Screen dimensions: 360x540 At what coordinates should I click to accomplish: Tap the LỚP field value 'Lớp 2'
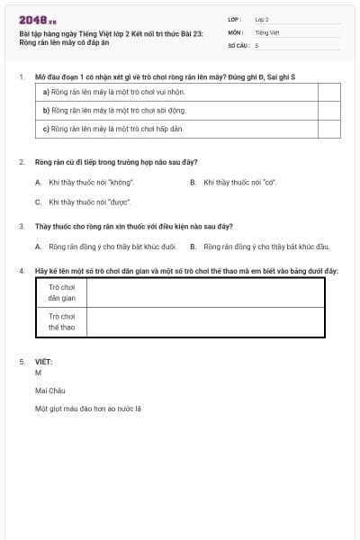[x=262, y=19]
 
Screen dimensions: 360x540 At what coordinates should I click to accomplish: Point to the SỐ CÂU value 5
[x=257, y=44]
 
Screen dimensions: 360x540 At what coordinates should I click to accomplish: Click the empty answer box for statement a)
[x=328, y=91]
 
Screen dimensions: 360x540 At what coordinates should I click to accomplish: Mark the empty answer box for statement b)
[x=328, y=110]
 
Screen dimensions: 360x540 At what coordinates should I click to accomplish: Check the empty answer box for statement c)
[x=328, y=129]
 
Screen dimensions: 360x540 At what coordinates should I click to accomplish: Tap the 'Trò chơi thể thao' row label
[x=61, y=322]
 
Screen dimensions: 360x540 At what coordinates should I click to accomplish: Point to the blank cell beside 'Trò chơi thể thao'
[x=205, y=322]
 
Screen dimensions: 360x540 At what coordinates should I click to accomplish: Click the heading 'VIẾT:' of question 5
[x=43, y=362]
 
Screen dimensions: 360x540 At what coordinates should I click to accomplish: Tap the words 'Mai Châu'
[x=50, y=391]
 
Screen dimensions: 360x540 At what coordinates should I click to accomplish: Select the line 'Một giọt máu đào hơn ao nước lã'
[x=88, y=409]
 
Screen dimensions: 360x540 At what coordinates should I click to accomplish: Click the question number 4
[x=21, y=270]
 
